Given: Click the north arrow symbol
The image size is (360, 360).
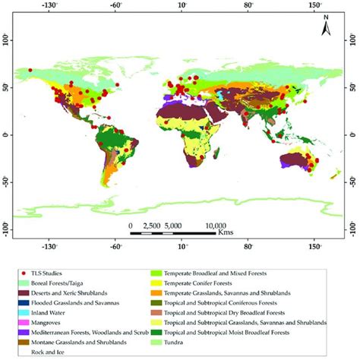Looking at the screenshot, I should point(326,27).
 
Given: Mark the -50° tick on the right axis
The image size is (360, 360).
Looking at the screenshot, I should point(353,181).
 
